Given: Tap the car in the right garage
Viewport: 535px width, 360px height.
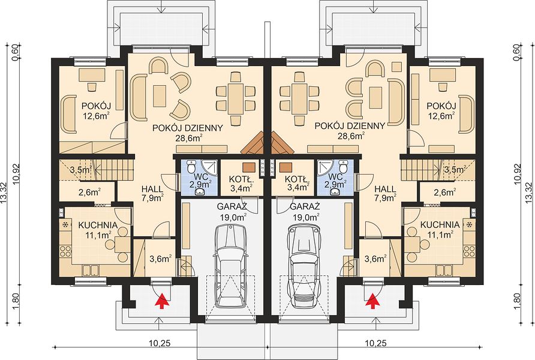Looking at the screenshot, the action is pyautogui.click(x=305, y=267).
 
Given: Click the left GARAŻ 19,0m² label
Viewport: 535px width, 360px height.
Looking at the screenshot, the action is pyautogui.click(x=233, y=212).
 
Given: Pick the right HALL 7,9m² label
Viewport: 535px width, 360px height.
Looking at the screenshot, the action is pyautogui.click(x=385, y=193).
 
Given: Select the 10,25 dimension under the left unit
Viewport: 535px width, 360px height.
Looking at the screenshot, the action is pyautogui.click(x=160, y=343).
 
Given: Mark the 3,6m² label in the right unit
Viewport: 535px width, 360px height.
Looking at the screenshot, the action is pyautogui.click(x=375, y=259).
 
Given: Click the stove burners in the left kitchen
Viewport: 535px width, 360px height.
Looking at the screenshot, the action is pyautogui.click(x=65, y=252).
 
